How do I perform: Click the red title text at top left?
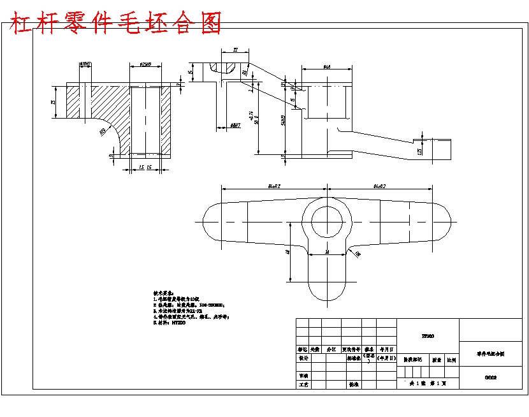click(x=115, y=23)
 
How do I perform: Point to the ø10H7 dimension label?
click(x=85, y=64)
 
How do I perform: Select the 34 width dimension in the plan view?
click(x=327, y=252)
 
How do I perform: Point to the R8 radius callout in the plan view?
click(x=358, y=254)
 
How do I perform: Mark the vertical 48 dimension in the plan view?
click(x=288, y=252)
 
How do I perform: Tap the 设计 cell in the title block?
click(x=303, y=358)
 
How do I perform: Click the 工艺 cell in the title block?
click(x=303, y=385)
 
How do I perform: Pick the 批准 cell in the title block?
click(x=352, y=385)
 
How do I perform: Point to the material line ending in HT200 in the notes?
click(x=170, y=323)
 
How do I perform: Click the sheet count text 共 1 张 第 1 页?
click(x=428, y=384)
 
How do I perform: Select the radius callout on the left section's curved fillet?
click(x=102, y=131)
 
